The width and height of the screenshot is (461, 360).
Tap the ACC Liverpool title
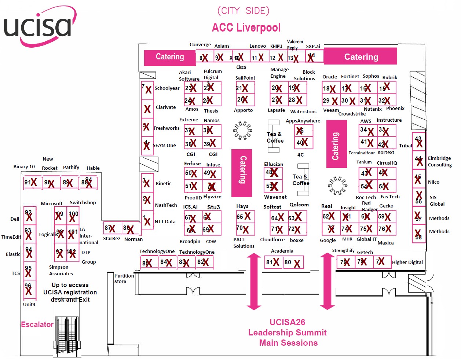[x=246, y=27]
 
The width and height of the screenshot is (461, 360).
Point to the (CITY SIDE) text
[x=243, y=11]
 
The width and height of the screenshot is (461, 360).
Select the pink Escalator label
[x=37, y=324]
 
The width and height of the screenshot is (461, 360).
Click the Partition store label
[x=124, y=279]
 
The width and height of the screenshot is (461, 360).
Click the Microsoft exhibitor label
[x=51, y=203]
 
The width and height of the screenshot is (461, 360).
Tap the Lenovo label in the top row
[x=257, y=46]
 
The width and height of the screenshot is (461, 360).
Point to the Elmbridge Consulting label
[x=439, y=161]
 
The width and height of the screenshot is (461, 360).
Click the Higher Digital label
[x=407, y=262]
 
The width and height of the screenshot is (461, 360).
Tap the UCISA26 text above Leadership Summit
[x=287, y=322]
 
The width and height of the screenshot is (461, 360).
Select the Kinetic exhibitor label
[x=163, y=183]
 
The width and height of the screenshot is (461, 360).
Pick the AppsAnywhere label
[x=303, y=121]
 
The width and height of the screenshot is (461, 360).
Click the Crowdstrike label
[x=352, y=114]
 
